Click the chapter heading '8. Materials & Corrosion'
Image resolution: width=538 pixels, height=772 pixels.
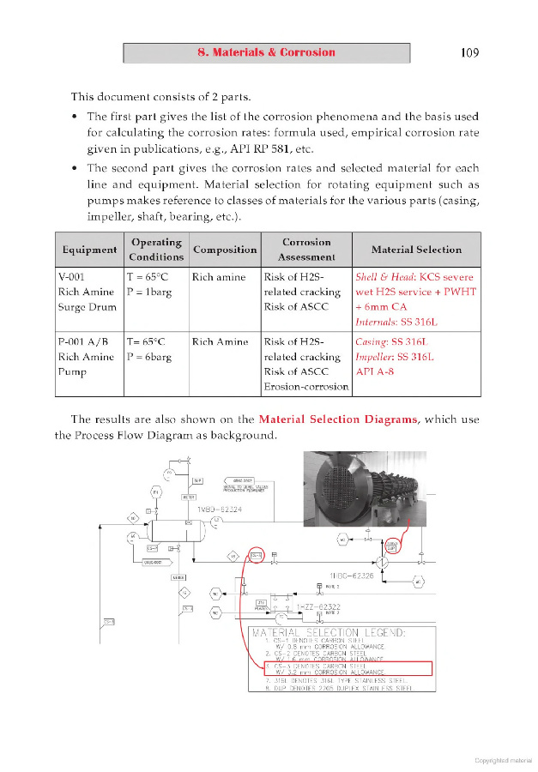tap(266, 52)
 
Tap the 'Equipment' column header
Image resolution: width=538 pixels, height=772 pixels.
tap(89, 250)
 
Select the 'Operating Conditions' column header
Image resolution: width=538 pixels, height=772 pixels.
tap(156, 250)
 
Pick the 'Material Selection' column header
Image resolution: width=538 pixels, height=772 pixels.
tap(416, 250)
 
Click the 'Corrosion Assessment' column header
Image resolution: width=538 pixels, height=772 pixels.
tap(307, 250)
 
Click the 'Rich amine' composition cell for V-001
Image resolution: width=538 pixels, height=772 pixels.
tap(220, 277)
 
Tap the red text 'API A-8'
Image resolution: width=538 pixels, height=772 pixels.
tap(375, 372)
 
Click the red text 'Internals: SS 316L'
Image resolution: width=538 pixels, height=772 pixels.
tap(397, 322)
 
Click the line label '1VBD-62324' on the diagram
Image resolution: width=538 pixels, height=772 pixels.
tap(220, 510)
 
